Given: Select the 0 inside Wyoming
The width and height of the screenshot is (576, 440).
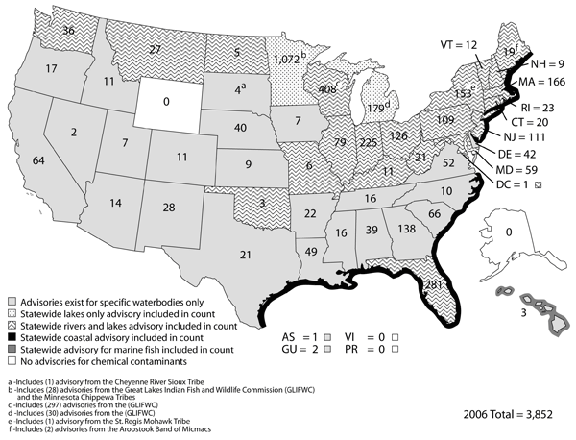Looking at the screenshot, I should point(170,100).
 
